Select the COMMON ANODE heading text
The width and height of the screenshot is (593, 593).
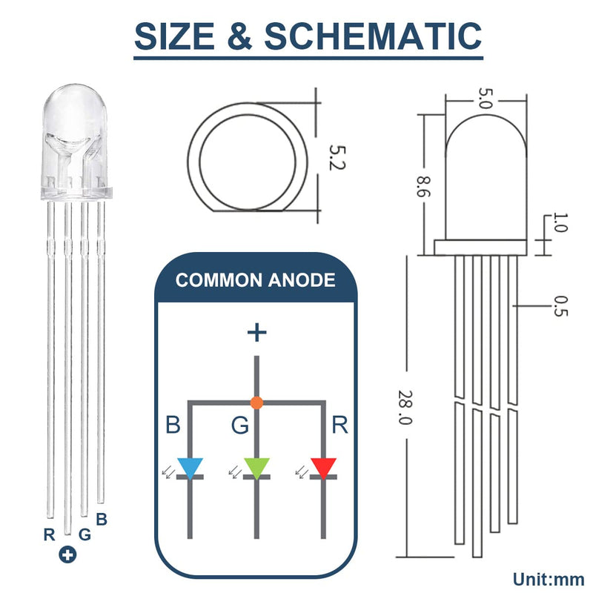click(x=255, y=280)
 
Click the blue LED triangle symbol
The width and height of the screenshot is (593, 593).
click(x=191, y=468)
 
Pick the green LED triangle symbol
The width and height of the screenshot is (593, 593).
click(x=256, y=468)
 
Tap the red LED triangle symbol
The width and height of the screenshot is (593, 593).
click(x=323, y=468)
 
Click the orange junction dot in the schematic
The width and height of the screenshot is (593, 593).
click(x=256, y=403)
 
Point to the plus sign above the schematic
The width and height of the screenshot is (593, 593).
click(x=256, y=332)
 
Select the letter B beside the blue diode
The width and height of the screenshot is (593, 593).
click(x=173, y=425)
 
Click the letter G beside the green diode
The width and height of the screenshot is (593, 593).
click(x=239, y=425)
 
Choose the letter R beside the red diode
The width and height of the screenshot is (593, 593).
click(x=340, y=425)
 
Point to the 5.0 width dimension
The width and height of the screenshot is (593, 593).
click(x=485, y=99)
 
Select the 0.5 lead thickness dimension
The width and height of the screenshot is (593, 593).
click(x=560, y=307)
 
